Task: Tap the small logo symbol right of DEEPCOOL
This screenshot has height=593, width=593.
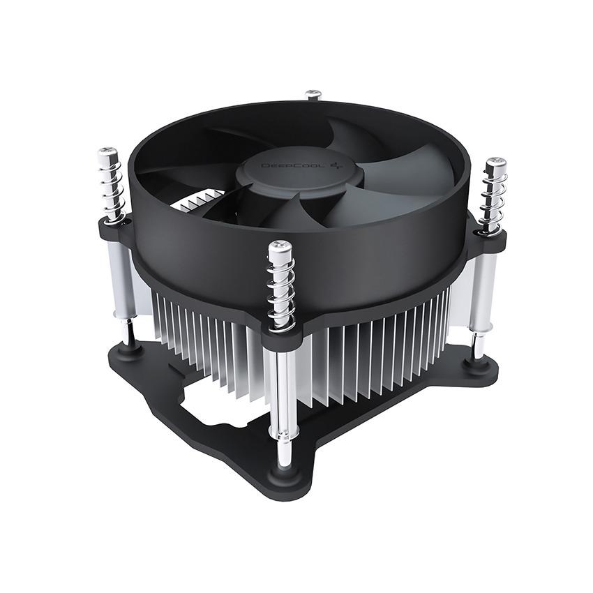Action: tap(302, 165)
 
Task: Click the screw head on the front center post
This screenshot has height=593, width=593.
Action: tap(280, 248)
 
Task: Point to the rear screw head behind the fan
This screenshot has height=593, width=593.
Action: tap(314, 94)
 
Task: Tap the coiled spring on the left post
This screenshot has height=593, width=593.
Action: tap(110, 189)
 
